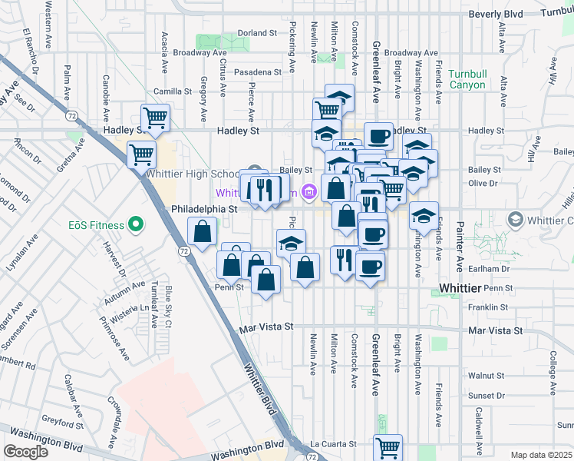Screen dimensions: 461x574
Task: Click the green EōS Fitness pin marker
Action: [136, 225]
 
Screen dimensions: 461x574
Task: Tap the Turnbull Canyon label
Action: [467, 79]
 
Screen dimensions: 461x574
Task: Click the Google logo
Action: [25, 451]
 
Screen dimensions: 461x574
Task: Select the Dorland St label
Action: [256, 33]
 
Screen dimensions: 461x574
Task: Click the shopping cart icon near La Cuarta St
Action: [388, 447]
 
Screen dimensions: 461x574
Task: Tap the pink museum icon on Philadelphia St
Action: [309, 191]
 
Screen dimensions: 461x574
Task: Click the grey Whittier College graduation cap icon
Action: [515, 221]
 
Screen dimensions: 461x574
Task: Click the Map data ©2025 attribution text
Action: [541, 455]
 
